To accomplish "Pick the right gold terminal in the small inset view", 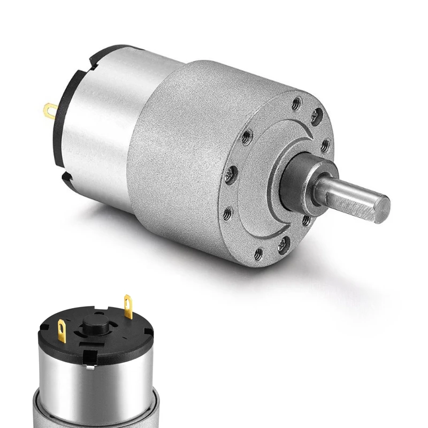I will click(x=128, y=308).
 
